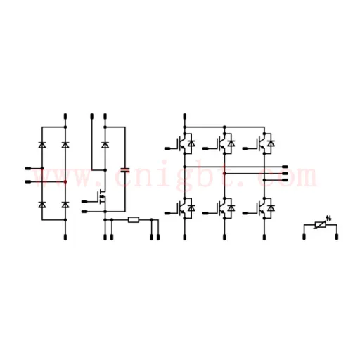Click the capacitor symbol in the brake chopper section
tap(125, 170)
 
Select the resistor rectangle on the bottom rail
tap(134, 220)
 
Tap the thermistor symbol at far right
tap(321, 225)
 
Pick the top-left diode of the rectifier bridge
tap(42, 145)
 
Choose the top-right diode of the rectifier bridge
tap(65, 145)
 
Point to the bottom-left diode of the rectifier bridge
tap(42, 205)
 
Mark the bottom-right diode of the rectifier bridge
tap(65, 205)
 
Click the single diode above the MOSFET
tap(105, 145)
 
